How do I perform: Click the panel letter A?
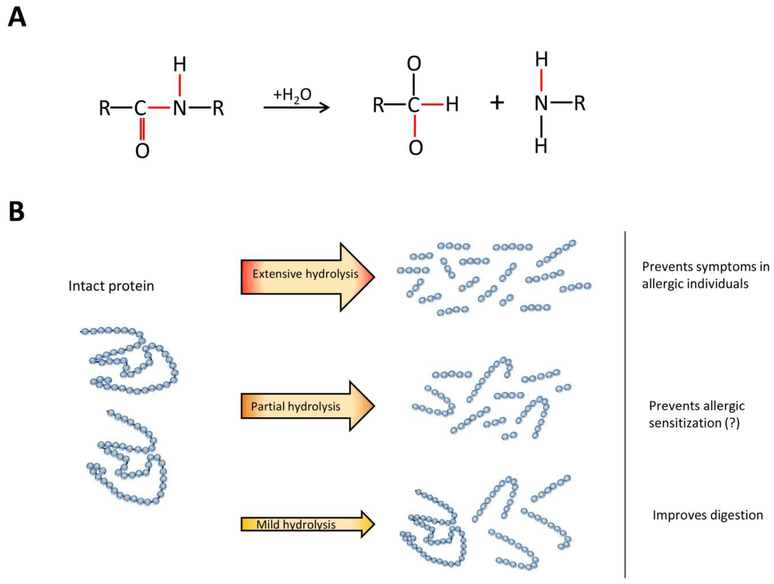coord(17,18)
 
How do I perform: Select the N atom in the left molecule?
coord(179,108)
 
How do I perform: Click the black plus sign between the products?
coord(496,103)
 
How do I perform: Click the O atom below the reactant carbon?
coord(142,151)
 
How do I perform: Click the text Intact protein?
coord(111,286)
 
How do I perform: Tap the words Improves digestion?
coord(708,515)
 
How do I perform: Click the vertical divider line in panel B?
coord(625,402)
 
